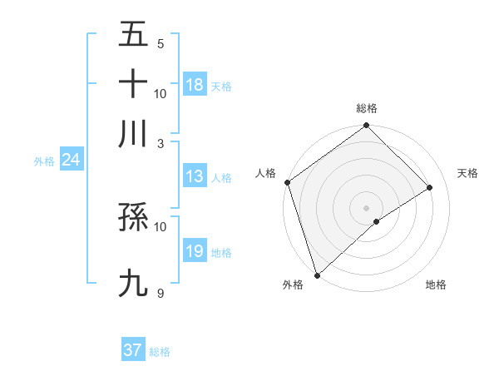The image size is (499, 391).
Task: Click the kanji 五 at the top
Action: [134, 35]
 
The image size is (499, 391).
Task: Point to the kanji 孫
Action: [134, 219]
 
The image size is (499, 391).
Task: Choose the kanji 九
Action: [134, 283]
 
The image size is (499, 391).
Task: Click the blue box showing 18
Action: [195, 85]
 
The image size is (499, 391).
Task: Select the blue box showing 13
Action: [195, 176]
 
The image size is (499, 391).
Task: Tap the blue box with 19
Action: [195, 251]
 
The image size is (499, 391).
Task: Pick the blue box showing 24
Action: [71, 160]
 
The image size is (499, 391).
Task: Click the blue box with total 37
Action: [133, 350]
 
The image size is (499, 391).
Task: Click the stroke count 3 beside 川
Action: [161, 142]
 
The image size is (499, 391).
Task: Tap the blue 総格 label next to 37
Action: [160, 352]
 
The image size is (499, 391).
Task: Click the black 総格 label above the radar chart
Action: [367, 108]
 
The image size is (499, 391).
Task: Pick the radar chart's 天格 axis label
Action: [467, 173]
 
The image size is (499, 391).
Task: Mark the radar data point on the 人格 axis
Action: [287, 182]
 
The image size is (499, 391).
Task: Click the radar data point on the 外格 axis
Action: [317, 275]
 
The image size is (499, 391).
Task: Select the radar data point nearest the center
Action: [377, 221]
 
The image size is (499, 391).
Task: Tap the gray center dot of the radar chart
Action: [366, 207]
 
